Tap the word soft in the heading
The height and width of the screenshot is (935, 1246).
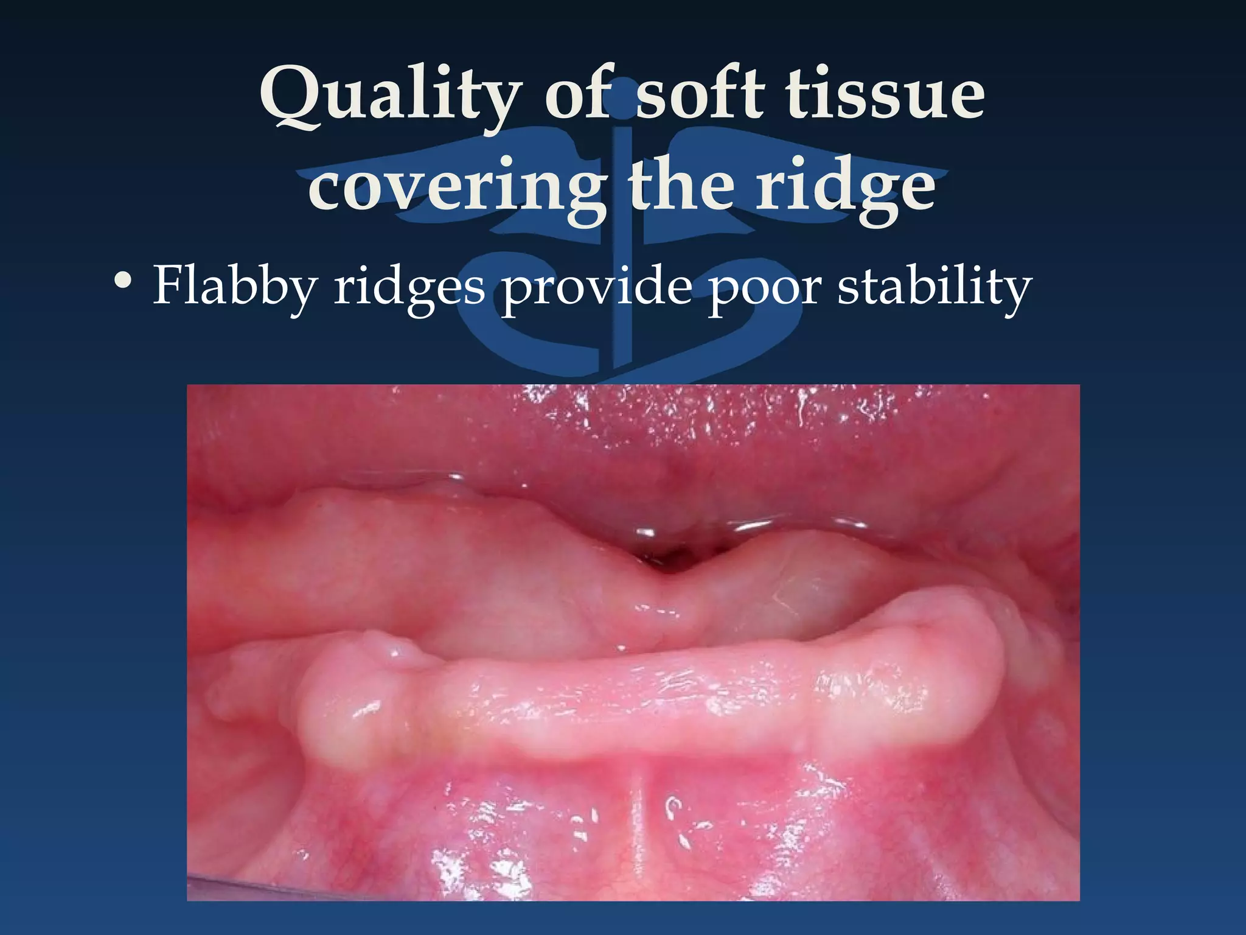pos(700,94)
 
